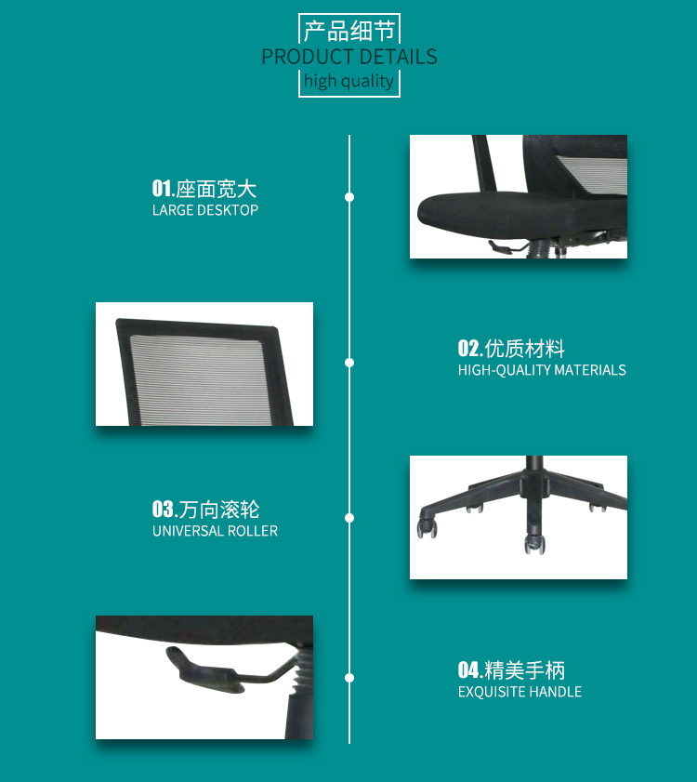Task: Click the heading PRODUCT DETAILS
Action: [x=349, y=57]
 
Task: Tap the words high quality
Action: [x=349, y=81]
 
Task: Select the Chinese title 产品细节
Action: [x=349, y=31]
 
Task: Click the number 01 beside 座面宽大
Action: [x=162, y=189]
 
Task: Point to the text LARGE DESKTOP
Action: [x=205, y=210]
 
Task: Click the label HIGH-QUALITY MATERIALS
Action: [x=542, y=370]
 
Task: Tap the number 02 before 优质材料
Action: [x=468, y=348]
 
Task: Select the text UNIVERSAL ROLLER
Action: [x=215, y=531]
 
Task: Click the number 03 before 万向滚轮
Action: [x=163, y=510]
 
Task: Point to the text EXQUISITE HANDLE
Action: [x=520, y=692]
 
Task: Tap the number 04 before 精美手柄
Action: [x=468, y=669]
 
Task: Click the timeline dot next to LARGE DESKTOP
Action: [x=349, y=197]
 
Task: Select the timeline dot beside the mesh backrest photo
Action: [x=349, y=363]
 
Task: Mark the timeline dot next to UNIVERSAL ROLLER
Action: [x=349, y=518]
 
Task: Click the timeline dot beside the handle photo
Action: [x=349, y=678]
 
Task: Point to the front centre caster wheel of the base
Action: [x=534, y=544]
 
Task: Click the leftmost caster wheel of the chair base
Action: [x=427, y=528]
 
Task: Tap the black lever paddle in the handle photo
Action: [x=204, y=670]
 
